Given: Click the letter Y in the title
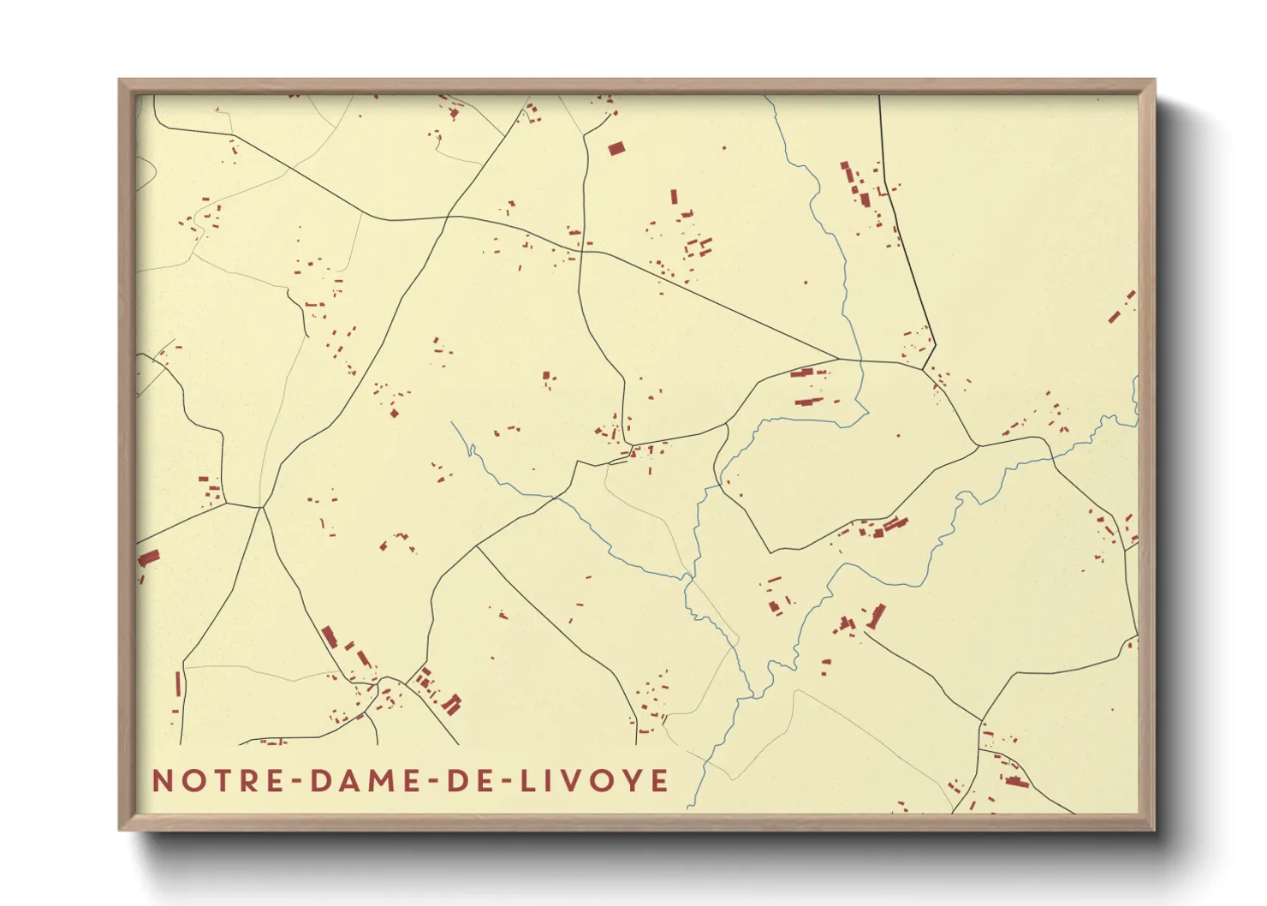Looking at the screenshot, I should tap(633, 781).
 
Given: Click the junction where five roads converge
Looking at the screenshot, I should tap(261, 508).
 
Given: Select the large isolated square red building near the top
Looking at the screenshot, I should tap(616, 149).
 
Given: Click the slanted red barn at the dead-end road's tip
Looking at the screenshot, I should tap(877, 616).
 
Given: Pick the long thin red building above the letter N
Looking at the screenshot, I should tap(179, 685).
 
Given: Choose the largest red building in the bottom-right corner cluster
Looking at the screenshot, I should tap(1016, 782).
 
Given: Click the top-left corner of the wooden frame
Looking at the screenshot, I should tap(121, 80).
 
